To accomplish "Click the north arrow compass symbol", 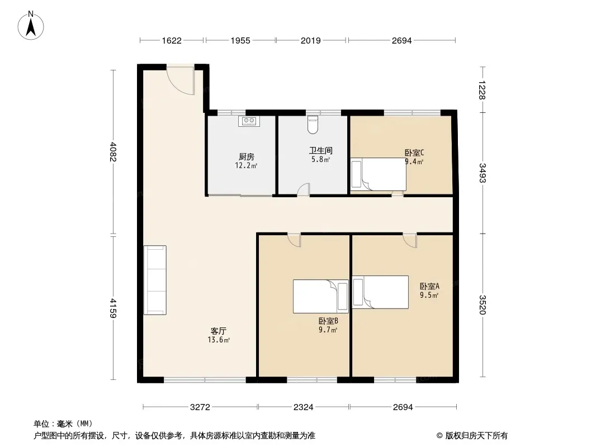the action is (x=31, y=25).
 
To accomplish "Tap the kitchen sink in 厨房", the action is (x=249, y=121).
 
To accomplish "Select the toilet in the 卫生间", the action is (x=313, y=125).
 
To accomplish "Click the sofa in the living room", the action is (x=155, y=280).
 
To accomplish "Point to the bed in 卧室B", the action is (x=321, y=296).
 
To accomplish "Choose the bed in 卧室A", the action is (x=381, y=292).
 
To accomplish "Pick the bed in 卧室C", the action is (x=378, y=174).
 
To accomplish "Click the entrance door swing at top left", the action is (x=181, y=80).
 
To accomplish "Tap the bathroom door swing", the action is (x=304, y=189).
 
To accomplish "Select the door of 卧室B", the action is (x=294, y=240).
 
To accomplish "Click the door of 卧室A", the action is (x=410, y=240).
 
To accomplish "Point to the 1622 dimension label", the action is (x=172, y=41).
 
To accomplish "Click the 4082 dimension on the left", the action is (x=113, y=151).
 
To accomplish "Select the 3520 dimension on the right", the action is (x=483, y=305).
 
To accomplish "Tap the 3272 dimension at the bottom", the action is (x=200, y=407).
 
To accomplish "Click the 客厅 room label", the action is (x=219, y=331).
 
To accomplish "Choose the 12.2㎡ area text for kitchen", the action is (x=247, y=165).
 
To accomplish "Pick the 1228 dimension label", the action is (x=483, y=89).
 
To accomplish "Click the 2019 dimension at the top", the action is (x=311, y=41).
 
